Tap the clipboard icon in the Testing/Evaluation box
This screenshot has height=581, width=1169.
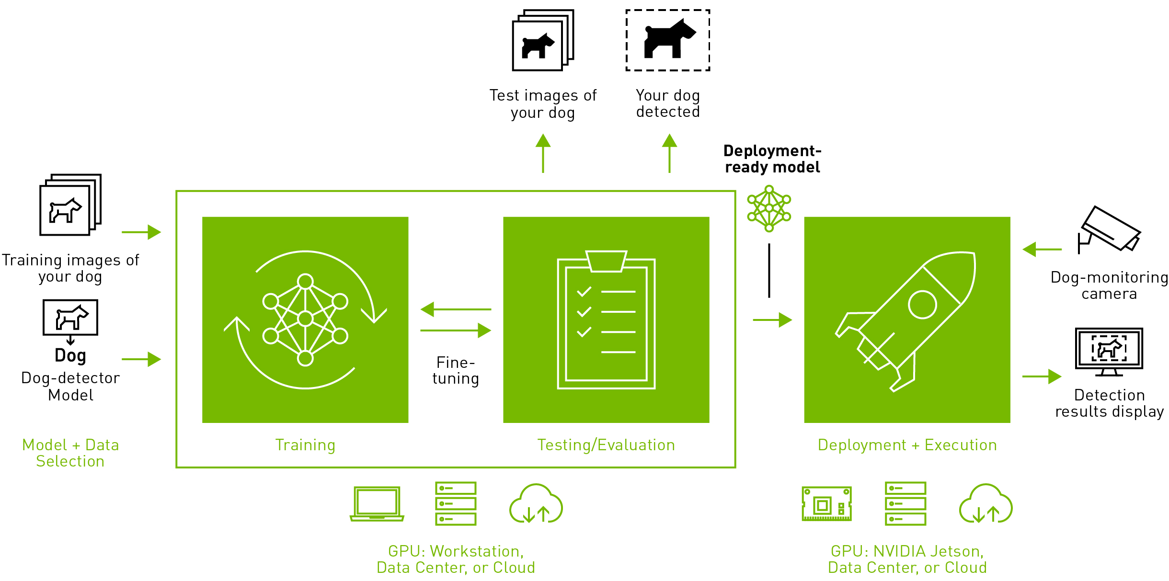tap(606, 320)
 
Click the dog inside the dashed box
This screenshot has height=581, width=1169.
tap(668, 40)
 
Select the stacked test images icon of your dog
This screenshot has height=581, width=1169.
tap(542, 41)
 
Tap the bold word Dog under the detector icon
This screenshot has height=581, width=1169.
tap(70, 356)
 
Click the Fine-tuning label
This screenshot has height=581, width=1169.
tap(456, 371)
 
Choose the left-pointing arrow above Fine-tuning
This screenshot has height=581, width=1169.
tap(455, 309)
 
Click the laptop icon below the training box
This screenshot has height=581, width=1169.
tap(377, 504)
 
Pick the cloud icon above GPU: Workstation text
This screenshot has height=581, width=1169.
tap(536, 504)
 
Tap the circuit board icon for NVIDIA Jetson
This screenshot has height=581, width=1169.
tap(827, 504)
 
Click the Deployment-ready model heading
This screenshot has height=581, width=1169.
tap(772, 159)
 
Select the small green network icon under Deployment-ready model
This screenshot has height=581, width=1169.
tap(769, 209)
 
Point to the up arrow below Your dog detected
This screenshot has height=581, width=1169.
tap(669, 153)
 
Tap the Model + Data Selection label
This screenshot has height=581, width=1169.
tap(70, 453)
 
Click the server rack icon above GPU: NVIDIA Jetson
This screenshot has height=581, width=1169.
tap(905, 504)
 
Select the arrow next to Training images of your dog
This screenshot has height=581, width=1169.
tap(141, 232)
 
